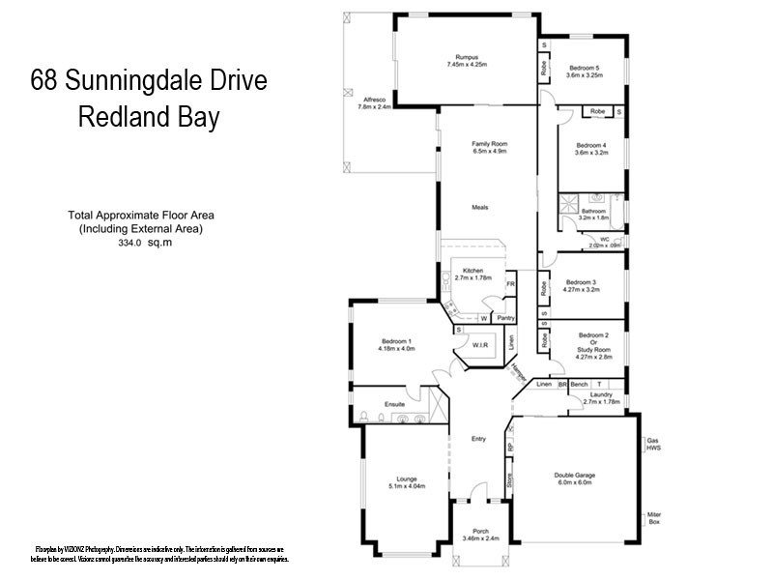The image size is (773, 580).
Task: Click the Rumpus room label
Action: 468,56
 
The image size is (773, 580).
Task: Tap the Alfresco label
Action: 374,100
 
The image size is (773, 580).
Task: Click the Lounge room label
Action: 405,478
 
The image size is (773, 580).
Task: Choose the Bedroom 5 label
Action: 585,67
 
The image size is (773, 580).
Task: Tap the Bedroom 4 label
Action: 590,145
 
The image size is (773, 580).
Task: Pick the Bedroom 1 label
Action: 396,342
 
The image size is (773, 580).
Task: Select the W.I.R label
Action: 480,345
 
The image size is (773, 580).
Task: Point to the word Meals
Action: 480,207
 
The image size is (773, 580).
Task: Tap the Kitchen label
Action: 472,270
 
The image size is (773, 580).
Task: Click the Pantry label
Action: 504,317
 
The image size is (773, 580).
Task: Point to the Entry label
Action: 478,440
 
